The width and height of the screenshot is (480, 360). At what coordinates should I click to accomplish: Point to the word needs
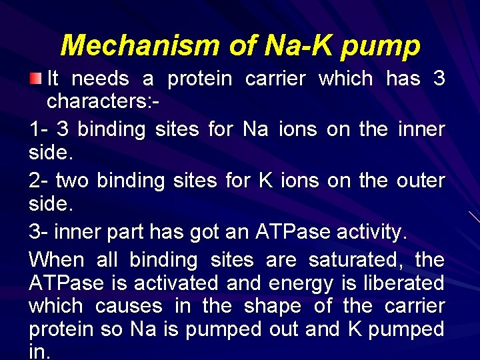[x=100, y=79]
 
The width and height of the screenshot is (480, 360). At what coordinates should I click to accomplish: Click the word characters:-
[x=103, y=103]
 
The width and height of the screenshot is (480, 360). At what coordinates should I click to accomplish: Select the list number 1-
[x=39, y=129]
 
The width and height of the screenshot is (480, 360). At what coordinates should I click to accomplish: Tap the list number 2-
[x=39, y=180]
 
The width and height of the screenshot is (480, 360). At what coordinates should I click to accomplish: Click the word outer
[x=422, y=180]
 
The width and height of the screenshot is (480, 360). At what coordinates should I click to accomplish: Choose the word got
[x=206, y=231]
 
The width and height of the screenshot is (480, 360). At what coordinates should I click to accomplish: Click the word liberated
[x=403, y=283]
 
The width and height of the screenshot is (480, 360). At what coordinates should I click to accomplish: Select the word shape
[x=273, y=306]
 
